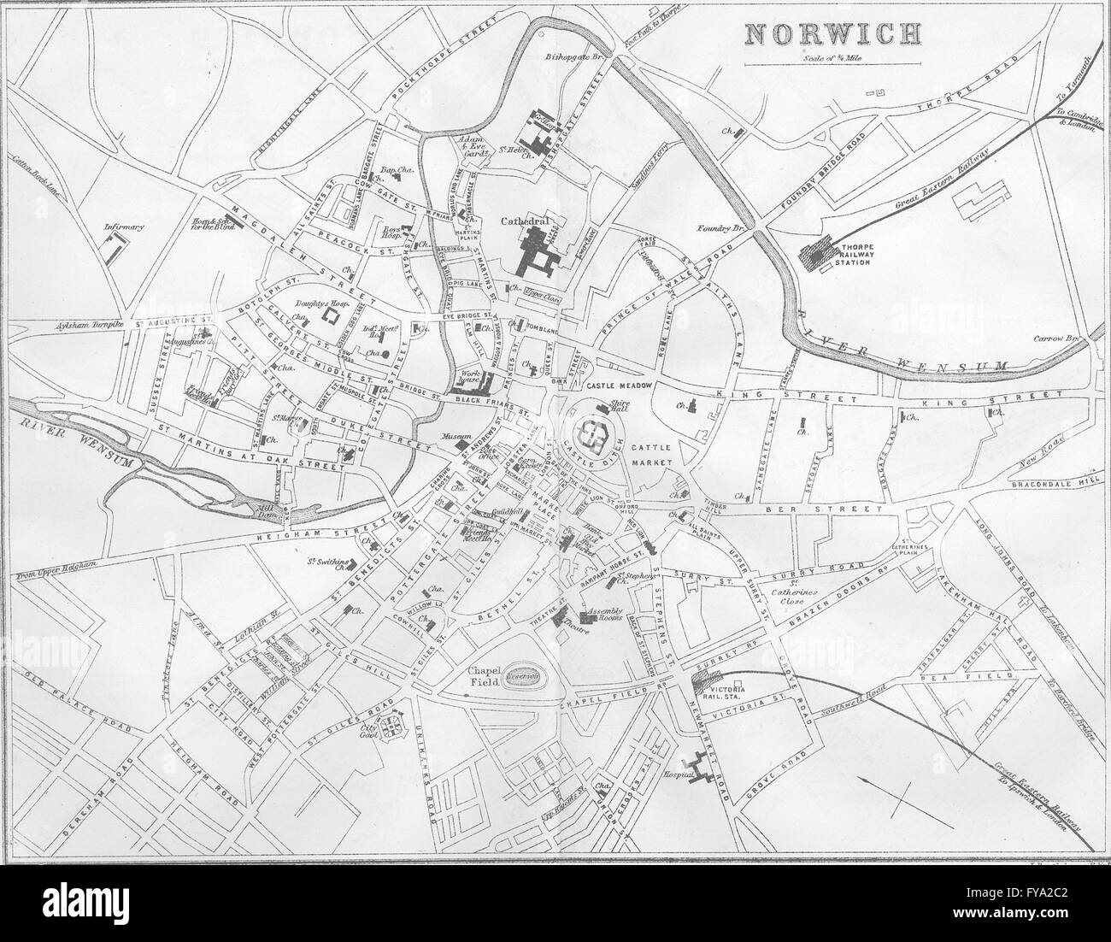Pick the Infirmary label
pos(124,227)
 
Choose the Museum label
pos(450,437)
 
